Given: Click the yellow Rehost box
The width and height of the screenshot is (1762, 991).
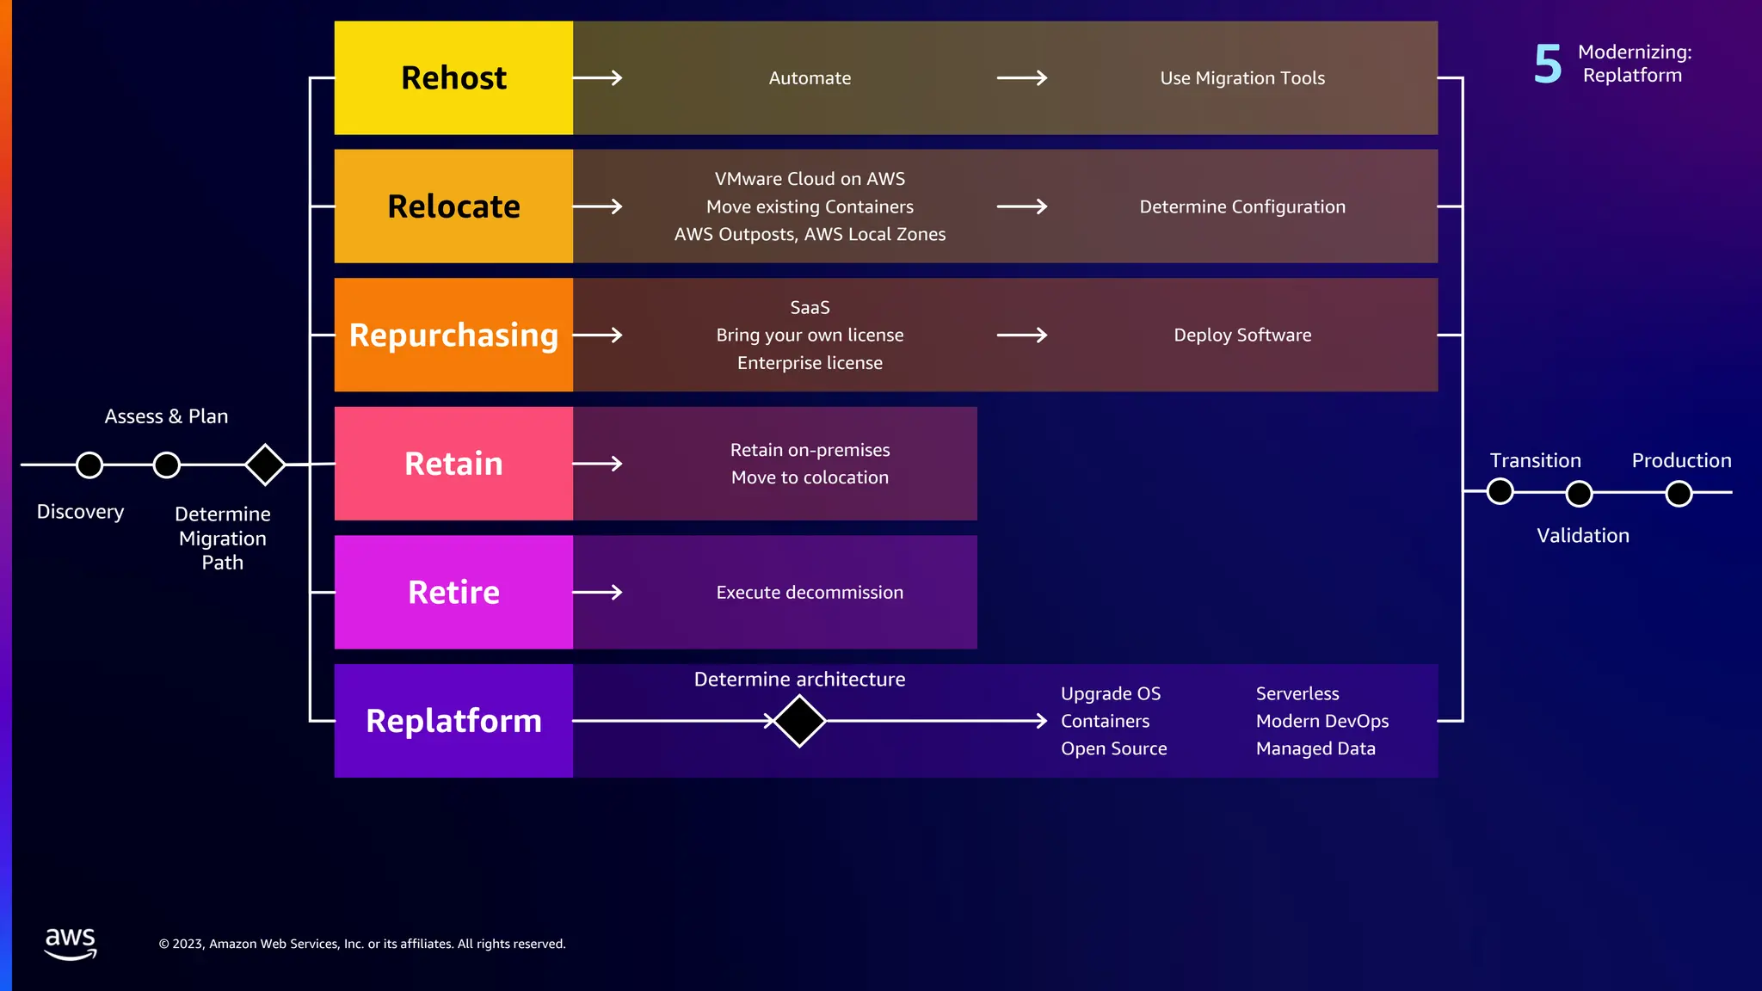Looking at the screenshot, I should (453, 77).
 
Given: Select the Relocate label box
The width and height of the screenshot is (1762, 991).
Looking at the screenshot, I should (453, 206).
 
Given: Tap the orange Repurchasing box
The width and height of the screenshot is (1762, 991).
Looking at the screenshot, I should (453, 335).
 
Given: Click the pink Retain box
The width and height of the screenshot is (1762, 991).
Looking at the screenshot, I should (453, 464).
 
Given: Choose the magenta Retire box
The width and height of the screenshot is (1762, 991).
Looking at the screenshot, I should (453, 592).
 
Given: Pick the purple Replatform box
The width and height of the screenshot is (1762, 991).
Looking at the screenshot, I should (453, 721).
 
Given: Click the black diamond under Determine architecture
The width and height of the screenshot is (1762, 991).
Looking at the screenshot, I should (799, 721).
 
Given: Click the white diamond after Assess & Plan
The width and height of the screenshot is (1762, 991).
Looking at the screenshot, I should (265, 465).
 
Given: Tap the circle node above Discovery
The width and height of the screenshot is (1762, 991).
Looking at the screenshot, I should (89, 465).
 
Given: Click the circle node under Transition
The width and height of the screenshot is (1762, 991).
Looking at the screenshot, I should (1500, 491).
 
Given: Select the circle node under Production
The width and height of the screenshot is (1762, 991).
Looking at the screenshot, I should (1679, 494).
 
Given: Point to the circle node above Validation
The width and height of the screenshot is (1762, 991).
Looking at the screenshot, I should (1580, 494).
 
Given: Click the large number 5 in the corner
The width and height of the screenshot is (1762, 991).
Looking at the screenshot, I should (1548, 65).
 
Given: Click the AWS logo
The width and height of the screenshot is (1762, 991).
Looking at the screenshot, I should (71, 944).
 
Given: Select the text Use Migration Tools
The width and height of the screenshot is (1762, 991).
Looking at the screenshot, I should (1242, 78).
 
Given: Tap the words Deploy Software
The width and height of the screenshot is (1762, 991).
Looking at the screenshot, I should (1242, 335).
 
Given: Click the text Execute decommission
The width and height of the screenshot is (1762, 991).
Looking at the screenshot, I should (810, 593).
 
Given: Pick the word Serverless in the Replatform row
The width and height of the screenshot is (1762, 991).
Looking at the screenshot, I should (1297, 693).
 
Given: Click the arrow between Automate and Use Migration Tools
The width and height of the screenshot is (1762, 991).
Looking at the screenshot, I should (1022, 78).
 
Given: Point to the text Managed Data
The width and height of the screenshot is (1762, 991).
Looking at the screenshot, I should (1315, 748).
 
